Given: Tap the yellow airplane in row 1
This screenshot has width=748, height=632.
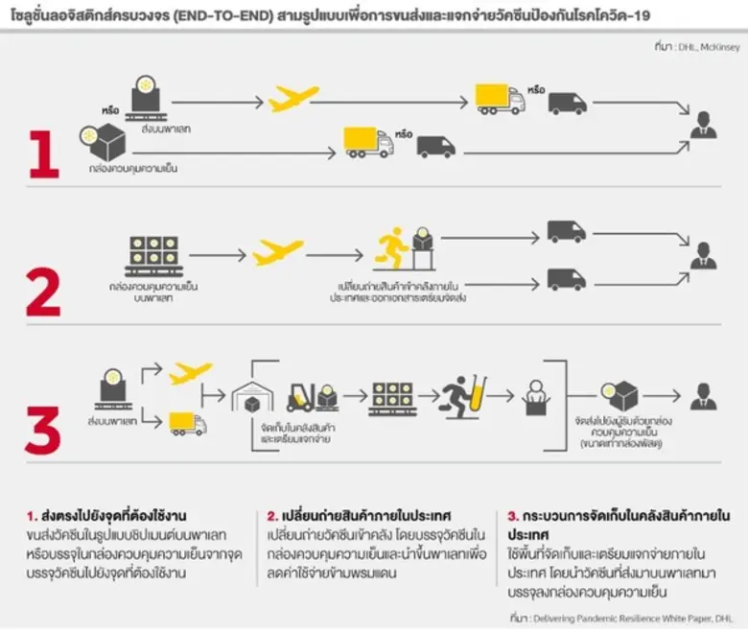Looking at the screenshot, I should (x=292, y=99).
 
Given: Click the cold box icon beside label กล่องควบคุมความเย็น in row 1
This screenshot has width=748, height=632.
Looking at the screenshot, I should (x=103, y=143).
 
